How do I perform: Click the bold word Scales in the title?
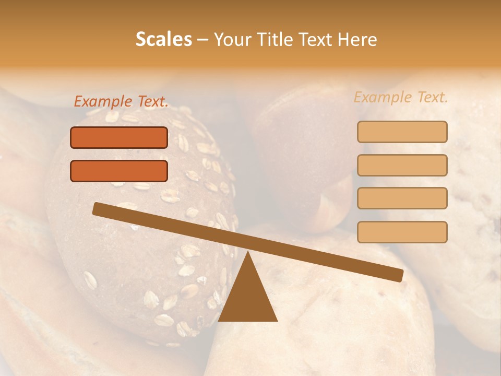point(163,40)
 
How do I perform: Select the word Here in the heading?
point(357,40)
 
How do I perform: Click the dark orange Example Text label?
point(121,102)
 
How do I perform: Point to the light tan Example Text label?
point(401,97)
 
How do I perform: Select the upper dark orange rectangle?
point(119,138)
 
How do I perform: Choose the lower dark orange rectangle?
point(119,171)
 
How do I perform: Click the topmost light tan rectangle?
point(402,132)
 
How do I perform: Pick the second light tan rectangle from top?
point(402,165)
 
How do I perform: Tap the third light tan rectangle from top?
point(402,198)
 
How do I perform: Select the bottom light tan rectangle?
point(402,232)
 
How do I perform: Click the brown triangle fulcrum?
point(248,295)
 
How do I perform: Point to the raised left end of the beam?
point(98,209)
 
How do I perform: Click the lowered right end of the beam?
point(398,275)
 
